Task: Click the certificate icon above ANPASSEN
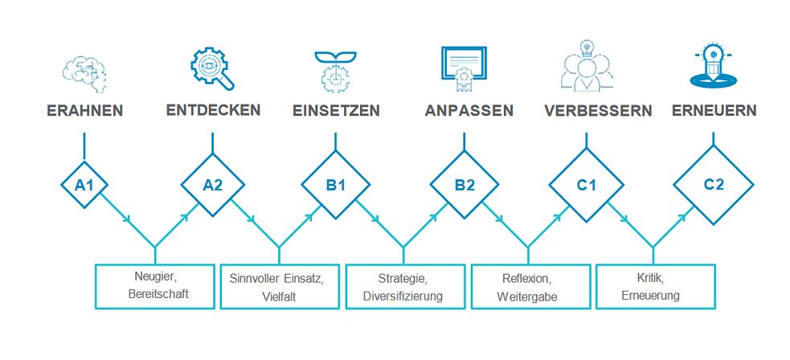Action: [465, 69]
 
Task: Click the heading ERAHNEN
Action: [84, 111]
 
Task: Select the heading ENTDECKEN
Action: [213, 110]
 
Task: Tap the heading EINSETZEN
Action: [336, 111]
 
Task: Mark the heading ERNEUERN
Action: [714, 111]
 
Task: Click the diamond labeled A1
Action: [84, 185]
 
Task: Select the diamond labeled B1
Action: [336, 185]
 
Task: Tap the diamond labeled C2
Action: [714, 185]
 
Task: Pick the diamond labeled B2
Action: [465, 185]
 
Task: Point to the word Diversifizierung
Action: [403, 295]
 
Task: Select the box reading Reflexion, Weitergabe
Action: [527, 286]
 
